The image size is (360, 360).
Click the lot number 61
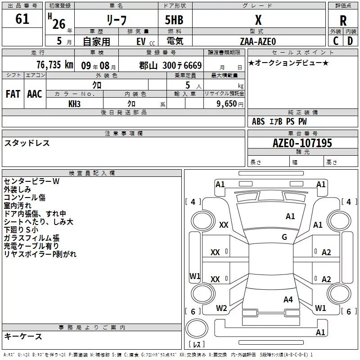click(x=22, y=19)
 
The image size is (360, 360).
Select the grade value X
click(x=258, y=20)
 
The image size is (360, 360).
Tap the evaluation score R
click(x=343, y=20)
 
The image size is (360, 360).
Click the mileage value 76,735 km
click(x=54, y=65)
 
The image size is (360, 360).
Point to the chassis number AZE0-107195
click(x=302, y=144)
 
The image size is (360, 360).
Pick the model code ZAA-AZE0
click(x=258, y=41)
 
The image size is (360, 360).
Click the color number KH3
click(x=74, y=104)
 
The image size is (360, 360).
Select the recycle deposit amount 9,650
click(x=224, y=104)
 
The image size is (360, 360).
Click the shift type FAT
click(x=13, y=94)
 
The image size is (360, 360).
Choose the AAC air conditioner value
click(x=34, y=94)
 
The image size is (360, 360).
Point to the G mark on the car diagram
click(x=284, y=237)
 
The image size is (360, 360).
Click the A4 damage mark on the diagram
click(x=288, y=299)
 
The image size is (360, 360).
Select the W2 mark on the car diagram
click(x=221, y=308)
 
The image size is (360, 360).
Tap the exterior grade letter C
click(x=335, y=41)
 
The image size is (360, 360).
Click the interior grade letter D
click(x=350, y=41)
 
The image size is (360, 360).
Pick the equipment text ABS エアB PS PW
click(x=279, y=121)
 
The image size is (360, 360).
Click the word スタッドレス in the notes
click(x=27, y=143)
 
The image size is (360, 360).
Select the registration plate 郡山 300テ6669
click(x=170, y=65)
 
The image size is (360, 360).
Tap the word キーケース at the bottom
click(x=23, y=336)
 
